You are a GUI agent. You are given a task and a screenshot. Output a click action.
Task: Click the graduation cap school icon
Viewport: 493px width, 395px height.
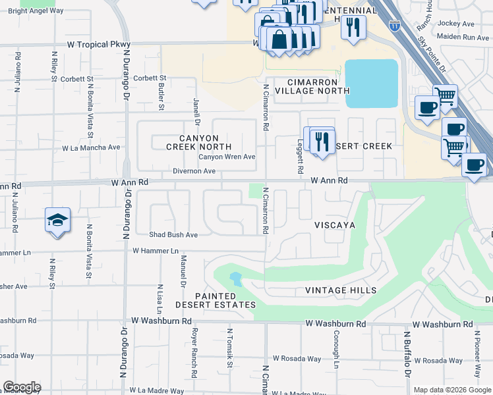point(57,220)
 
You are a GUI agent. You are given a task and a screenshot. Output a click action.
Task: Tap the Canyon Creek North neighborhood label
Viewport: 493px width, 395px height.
point(198,142)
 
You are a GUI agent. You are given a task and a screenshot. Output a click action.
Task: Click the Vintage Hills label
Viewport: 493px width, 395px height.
point(341,290)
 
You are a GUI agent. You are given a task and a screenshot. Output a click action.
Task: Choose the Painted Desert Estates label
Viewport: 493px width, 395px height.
point(216,300)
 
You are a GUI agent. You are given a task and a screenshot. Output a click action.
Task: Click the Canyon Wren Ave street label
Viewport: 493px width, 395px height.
point(227,157)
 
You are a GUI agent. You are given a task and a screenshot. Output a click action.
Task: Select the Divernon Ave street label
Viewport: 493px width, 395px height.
point(194,171)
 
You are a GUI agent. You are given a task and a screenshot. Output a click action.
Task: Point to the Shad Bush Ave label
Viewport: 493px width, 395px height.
point(173,234)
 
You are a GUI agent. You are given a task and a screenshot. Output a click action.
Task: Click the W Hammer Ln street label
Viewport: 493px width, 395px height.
point(156,251)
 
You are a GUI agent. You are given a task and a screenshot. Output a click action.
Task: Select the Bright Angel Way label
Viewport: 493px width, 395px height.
point(36,11)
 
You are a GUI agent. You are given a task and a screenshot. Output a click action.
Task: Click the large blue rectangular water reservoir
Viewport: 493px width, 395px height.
point(372,84)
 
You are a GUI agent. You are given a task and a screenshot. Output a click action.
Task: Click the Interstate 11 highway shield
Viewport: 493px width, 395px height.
point(394,26)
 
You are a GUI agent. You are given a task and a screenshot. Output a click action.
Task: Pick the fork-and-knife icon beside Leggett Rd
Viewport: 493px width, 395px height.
point(322,141)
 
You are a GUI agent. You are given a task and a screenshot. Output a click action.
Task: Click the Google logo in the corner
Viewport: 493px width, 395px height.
point(22,387)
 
